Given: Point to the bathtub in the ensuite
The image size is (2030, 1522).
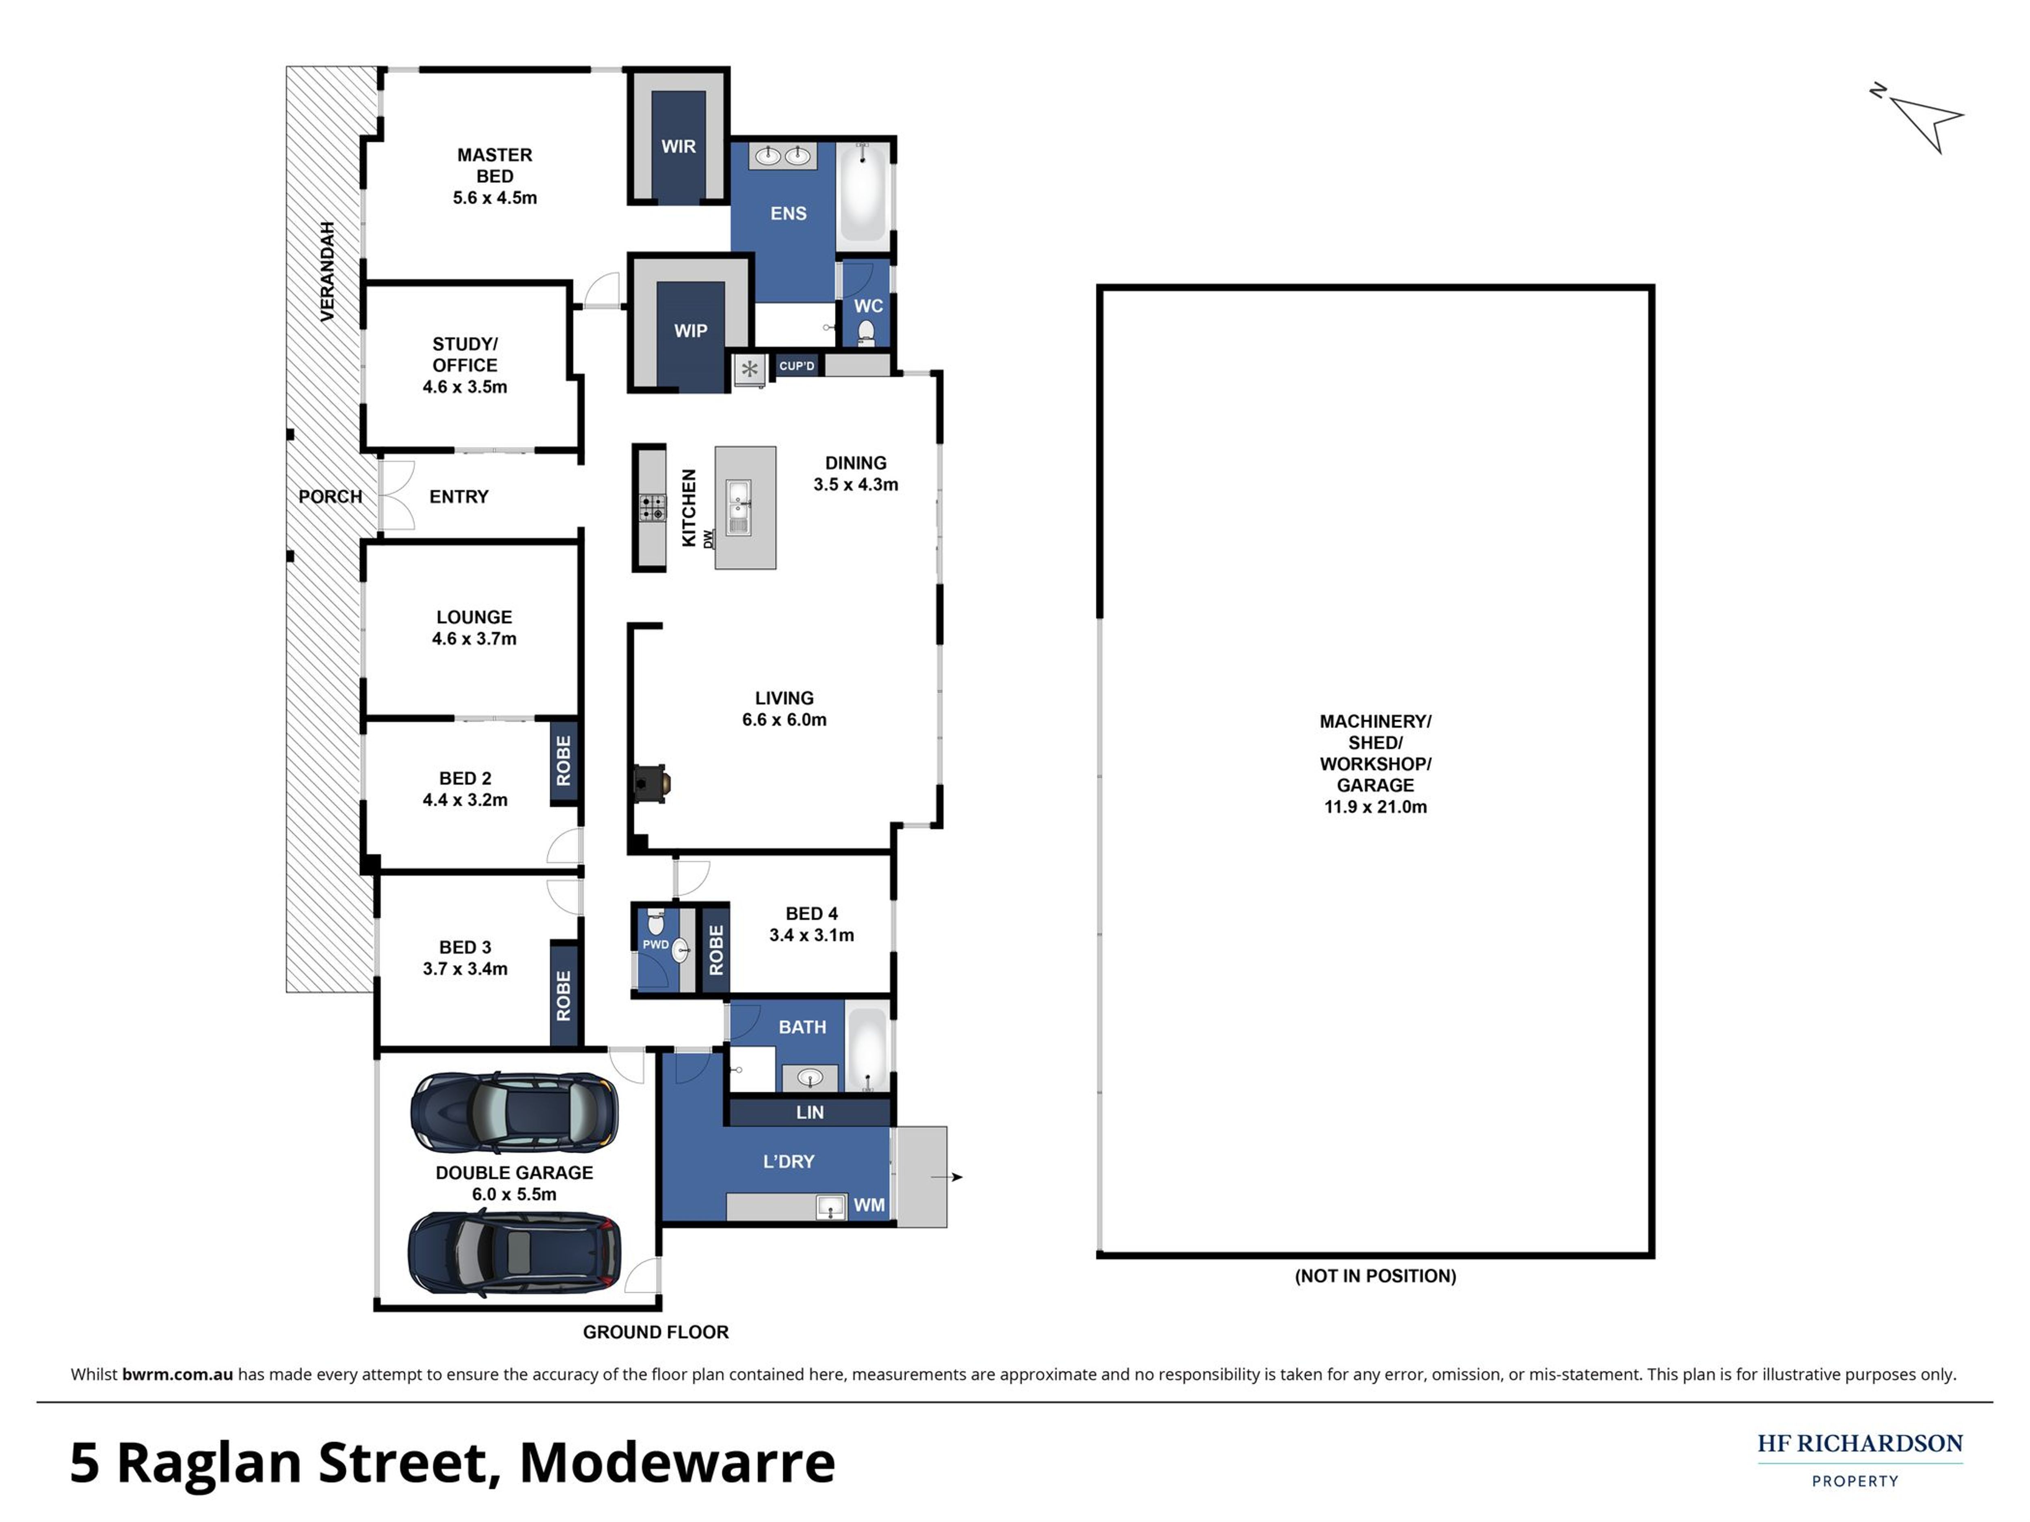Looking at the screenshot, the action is (x=863, y=191).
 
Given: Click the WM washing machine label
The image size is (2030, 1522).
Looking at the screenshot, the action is (x=869, y=1205).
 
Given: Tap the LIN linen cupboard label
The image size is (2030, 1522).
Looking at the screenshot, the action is (x=809, y=1112).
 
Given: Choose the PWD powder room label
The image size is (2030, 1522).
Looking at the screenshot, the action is (x=655, y=944).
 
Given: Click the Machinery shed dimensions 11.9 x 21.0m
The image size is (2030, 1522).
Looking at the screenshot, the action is (x=1375, y=807).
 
